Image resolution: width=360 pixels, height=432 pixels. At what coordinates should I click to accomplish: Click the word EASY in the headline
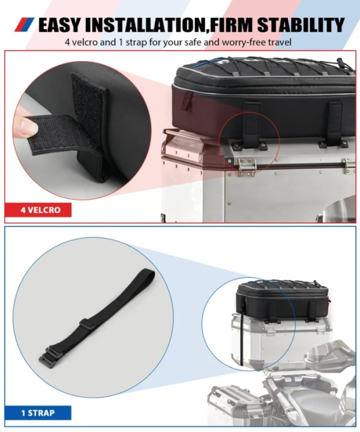coord(59,25)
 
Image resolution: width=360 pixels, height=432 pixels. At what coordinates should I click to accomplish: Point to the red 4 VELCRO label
coord(38,210)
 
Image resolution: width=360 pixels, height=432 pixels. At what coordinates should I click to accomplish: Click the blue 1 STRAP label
coord(38,413)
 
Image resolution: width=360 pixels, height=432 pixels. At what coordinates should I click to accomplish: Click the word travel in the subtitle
coord(278,43)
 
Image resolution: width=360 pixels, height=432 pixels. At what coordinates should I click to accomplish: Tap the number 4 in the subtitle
coord(68,43)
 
